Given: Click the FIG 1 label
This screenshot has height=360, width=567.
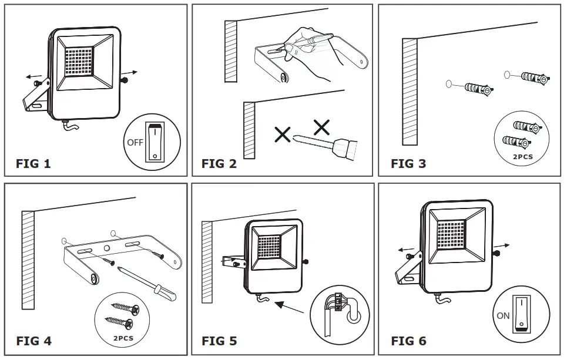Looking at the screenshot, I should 33,164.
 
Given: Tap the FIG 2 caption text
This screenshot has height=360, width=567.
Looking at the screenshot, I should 219,164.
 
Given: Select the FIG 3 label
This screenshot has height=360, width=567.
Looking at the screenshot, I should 408,164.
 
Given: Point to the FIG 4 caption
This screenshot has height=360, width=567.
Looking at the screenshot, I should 33,341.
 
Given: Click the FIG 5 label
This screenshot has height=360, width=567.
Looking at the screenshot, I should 219,341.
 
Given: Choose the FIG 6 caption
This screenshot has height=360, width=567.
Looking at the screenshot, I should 408,341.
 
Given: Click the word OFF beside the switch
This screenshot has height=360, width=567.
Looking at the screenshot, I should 135,142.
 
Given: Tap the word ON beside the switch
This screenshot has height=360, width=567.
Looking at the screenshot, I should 503,315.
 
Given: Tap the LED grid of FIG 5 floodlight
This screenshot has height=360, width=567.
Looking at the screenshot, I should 271,250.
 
